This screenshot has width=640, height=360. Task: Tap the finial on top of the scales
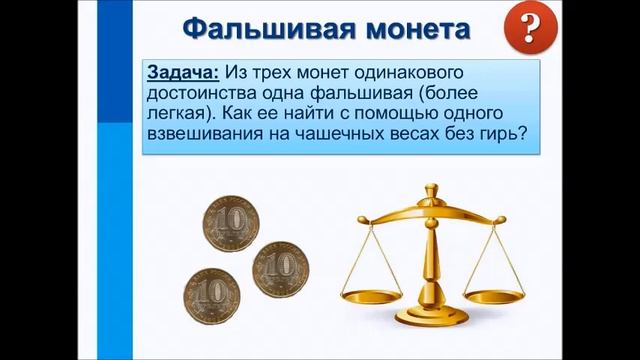432,189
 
